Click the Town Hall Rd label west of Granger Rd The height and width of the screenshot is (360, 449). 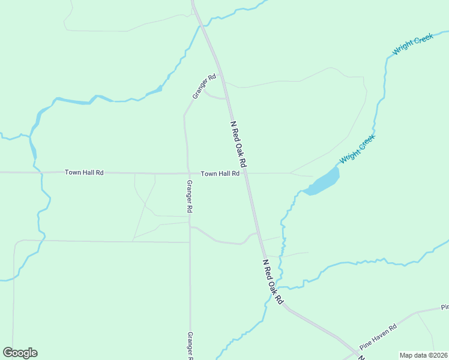(x=84, y=173)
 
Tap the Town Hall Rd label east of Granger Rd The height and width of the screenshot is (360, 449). (x=220, y=173)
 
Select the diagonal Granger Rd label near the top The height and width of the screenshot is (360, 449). (x=204, y=86)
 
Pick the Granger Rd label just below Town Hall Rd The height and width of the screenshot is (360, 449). (x=189, y=197)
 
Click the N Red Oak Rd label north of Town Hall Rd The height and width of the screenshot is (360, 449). (x=239, y=144)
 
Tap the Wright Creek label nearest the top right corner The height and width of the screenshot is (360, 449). (x=412, y=45)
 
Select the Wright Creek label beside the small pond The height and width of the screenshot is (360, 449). (x=357, y=149)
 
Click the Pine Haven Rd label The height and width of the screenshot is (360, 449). (x=378, y=338)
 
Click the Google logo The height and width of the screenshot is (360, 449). (x=20, y=353)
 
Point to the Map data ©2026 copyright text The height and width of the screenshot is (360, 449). (x=424, y=355)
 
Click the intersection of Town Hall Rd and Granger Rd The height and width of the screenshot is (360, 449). (x=188, y=173)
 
